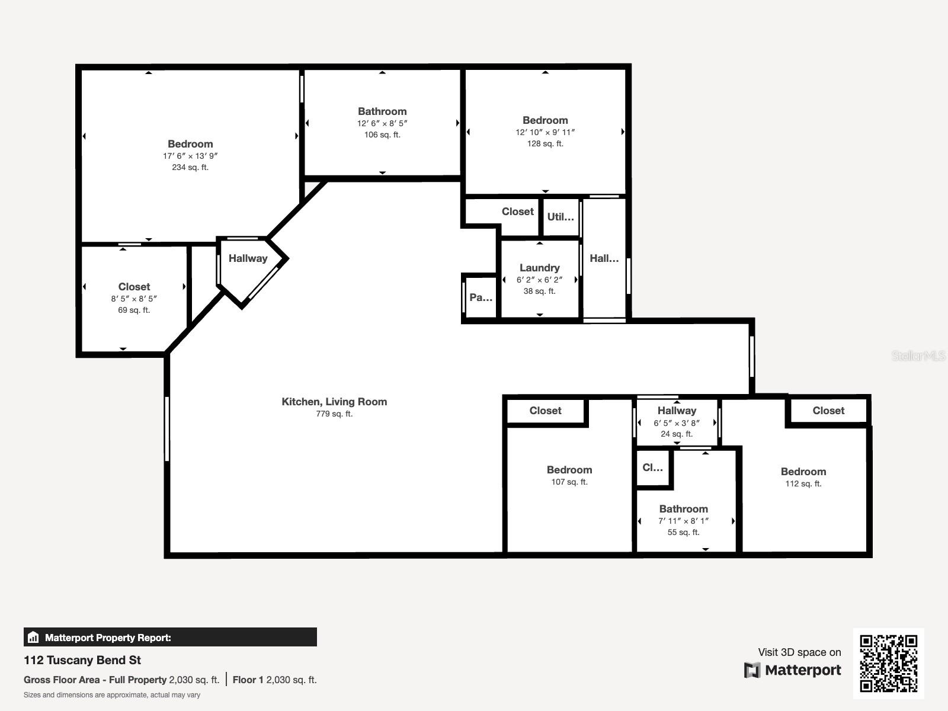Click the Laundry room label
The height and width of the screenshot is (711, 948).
click(x=539, y=268)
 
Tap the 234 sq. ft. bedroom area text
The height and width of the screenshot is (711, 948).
click(x=190, y=167)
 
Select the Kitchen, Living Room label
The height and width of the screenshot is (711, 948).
click(x=334, y=402)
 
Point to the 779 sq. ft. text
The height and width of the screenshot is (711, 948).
click(x=334, y=414)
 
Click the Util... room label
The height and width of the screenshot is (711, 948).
click(x=561, y=217)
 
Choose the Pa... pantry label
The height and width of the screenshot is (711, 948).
click(x=481, y=297)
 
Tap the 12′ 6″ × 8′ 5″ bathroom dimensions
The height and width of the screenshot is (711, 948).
click(x=382, y=123)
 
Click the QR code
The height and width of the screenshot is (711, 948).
click(x=888, y=664)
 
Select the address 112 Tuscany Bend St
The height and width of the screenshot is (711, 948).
click(x=82, y=660)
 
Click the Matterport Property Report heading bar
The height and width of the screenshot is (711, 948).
click(x=170, y=637)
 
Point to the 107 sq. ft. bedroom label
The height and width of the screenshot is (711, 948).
click(x=569, y=482)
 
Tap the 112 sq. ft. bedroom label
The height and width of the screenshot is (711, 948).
click(x=803, y=483)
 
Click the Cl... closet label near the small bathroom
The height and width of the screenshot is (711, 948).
click(x=652, y=467)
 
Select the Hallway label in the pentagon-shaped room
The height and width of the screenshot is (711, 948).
click(x=248, y=258)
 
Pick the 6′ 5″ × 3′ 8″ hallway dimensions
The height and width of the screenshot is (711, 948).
click(x=677, y=423)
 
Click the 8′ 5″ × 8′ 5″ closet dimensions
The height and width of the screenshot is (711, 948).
click(x=134, y=299)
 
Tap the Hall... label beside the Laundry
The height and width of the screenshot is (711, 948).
click(x=604, y=258)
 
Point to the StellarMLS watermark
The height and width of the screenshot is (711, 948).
click(x=918, y=355)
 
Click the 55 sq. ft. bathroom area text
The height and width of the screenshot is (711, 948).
click(x=683, y=532)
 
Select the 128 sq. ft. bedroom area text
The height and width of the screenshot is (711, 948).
click(x=545, y=143)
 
